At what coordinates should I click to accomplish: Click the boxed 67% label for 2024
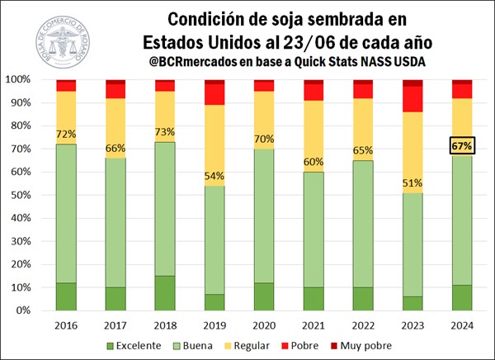(461, 146)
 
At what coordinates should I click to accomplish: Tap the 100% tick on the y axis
(18, 79)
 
